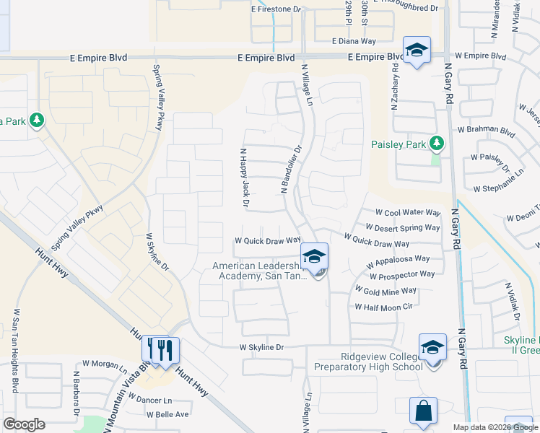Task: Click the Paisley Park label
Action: (399, 144)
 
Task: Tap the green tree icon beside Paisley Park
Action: (436, 144)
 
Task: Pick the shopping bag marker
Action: (422, 411)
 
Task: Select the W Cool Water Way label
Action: (407, 213)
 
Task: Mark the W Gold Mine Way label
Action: (386, 291)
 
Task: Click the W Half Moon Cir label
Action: (383, 307)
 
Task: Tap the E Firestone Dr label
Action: (275, 9)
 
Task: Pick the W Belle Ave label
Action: (167, 414)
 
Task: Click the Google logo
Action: (24, 424)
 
